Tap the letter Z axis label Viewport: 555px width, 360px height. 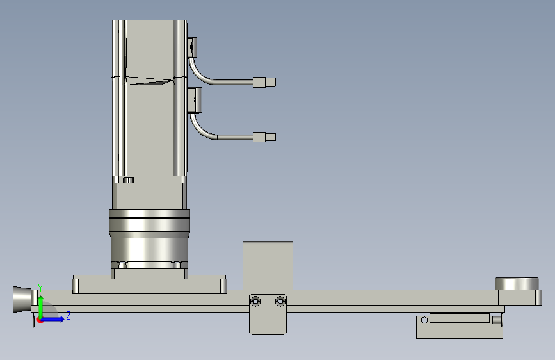[x=68, y=315]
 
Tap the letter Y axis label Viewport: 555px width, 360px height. [x=40, y=288]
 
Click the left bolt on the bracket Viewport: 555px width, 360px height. [x=255, y=302]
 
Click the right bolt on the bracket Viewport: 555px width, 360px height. [x=280, y=302]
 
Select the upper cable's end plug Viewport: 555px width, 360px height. [x=264, y=82]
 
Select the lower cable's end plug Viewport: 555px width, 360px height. [x=264, y=137]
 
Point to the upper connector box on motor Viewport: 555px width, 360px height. [x=192, y=47]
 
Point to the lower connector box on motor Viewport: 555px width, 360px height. [x=194, y=101]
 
